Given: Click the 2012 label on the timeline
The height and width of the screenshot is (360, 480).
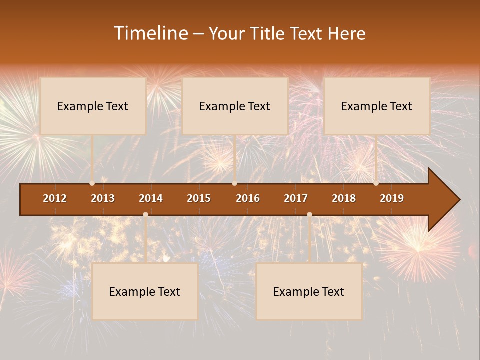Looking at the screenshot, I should click(x=55, y=198).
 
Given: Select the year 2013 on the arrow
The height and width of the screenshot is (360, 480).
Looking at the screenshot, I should click(x=103, y=198).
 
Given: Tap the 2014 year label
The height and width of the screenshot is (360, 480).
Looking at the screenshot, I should click(x=151, y=198).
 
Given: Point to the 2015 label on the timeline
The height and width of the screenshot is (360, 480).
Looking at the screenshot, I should click(x=199, y=198).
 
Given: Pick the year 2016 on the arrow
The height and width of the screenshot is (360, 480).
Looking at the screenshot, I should click(x=248, y=198).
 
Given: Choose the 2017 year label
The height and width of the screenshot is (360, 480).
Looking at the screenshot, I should click(x=296, y=198).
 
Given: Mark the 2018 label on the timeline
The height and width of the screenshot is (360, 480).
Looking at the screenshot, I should click(x=344, y=198).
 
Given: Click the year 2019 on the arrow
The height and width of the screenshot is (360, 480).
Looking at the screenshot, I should click(x=392, y=198).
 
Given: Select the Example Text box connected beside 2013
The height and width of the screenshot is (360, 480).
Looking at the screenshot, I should click(x=93, y=106).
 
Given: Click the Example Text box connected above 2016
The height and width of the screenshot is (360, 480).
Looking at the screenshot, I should click(x=235, y=106).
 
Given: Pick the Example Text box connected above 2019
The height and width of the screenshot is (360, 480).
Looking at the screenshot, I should click(x=377, y=106).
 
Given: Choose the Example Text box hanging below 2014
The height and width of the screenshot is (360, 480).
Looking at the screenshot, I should click(x=145, y=291).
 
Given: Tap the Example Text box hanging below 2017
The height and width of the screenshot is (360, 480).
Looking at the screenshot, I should click(x=309, y=291).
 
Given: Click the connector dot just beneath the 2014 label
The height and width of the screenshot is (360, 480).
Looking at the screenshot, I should click(x=145, y=215).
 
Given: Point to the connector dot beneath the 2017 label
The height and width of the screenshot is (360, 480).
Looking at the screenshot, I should click(x=309, y=215).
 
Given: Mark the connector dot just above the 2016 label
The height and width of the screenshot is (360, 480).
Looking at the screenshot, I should click(x=235, y=183).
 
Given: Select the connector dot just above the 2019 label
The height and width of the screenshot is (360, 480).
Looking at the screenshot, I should click(x=376, y=183).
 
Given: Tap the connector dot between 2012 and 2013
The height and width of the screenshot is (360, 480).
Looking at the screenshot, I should click(x=92, y=183).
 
